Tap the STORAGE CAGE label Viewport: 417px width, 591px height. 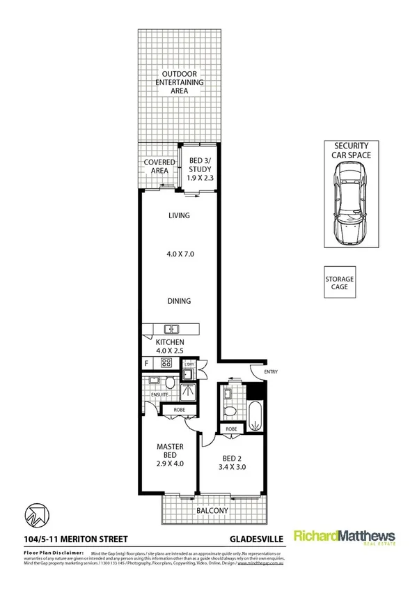(x=340, y=284)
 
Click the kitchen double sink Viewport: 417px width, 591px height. (x=172, y=329)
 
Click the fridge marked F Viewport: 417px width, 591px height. (x=146, y=362)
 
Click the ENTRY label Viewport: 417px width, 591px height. (x=271, y=371)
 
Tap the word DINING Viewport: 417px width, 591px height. (x=179, y=301)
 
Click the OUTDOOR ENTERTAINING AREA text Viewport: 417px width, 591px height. (x=183, y=82)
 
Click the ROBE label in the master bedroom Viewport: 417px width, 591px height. (x=178, y=410)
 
